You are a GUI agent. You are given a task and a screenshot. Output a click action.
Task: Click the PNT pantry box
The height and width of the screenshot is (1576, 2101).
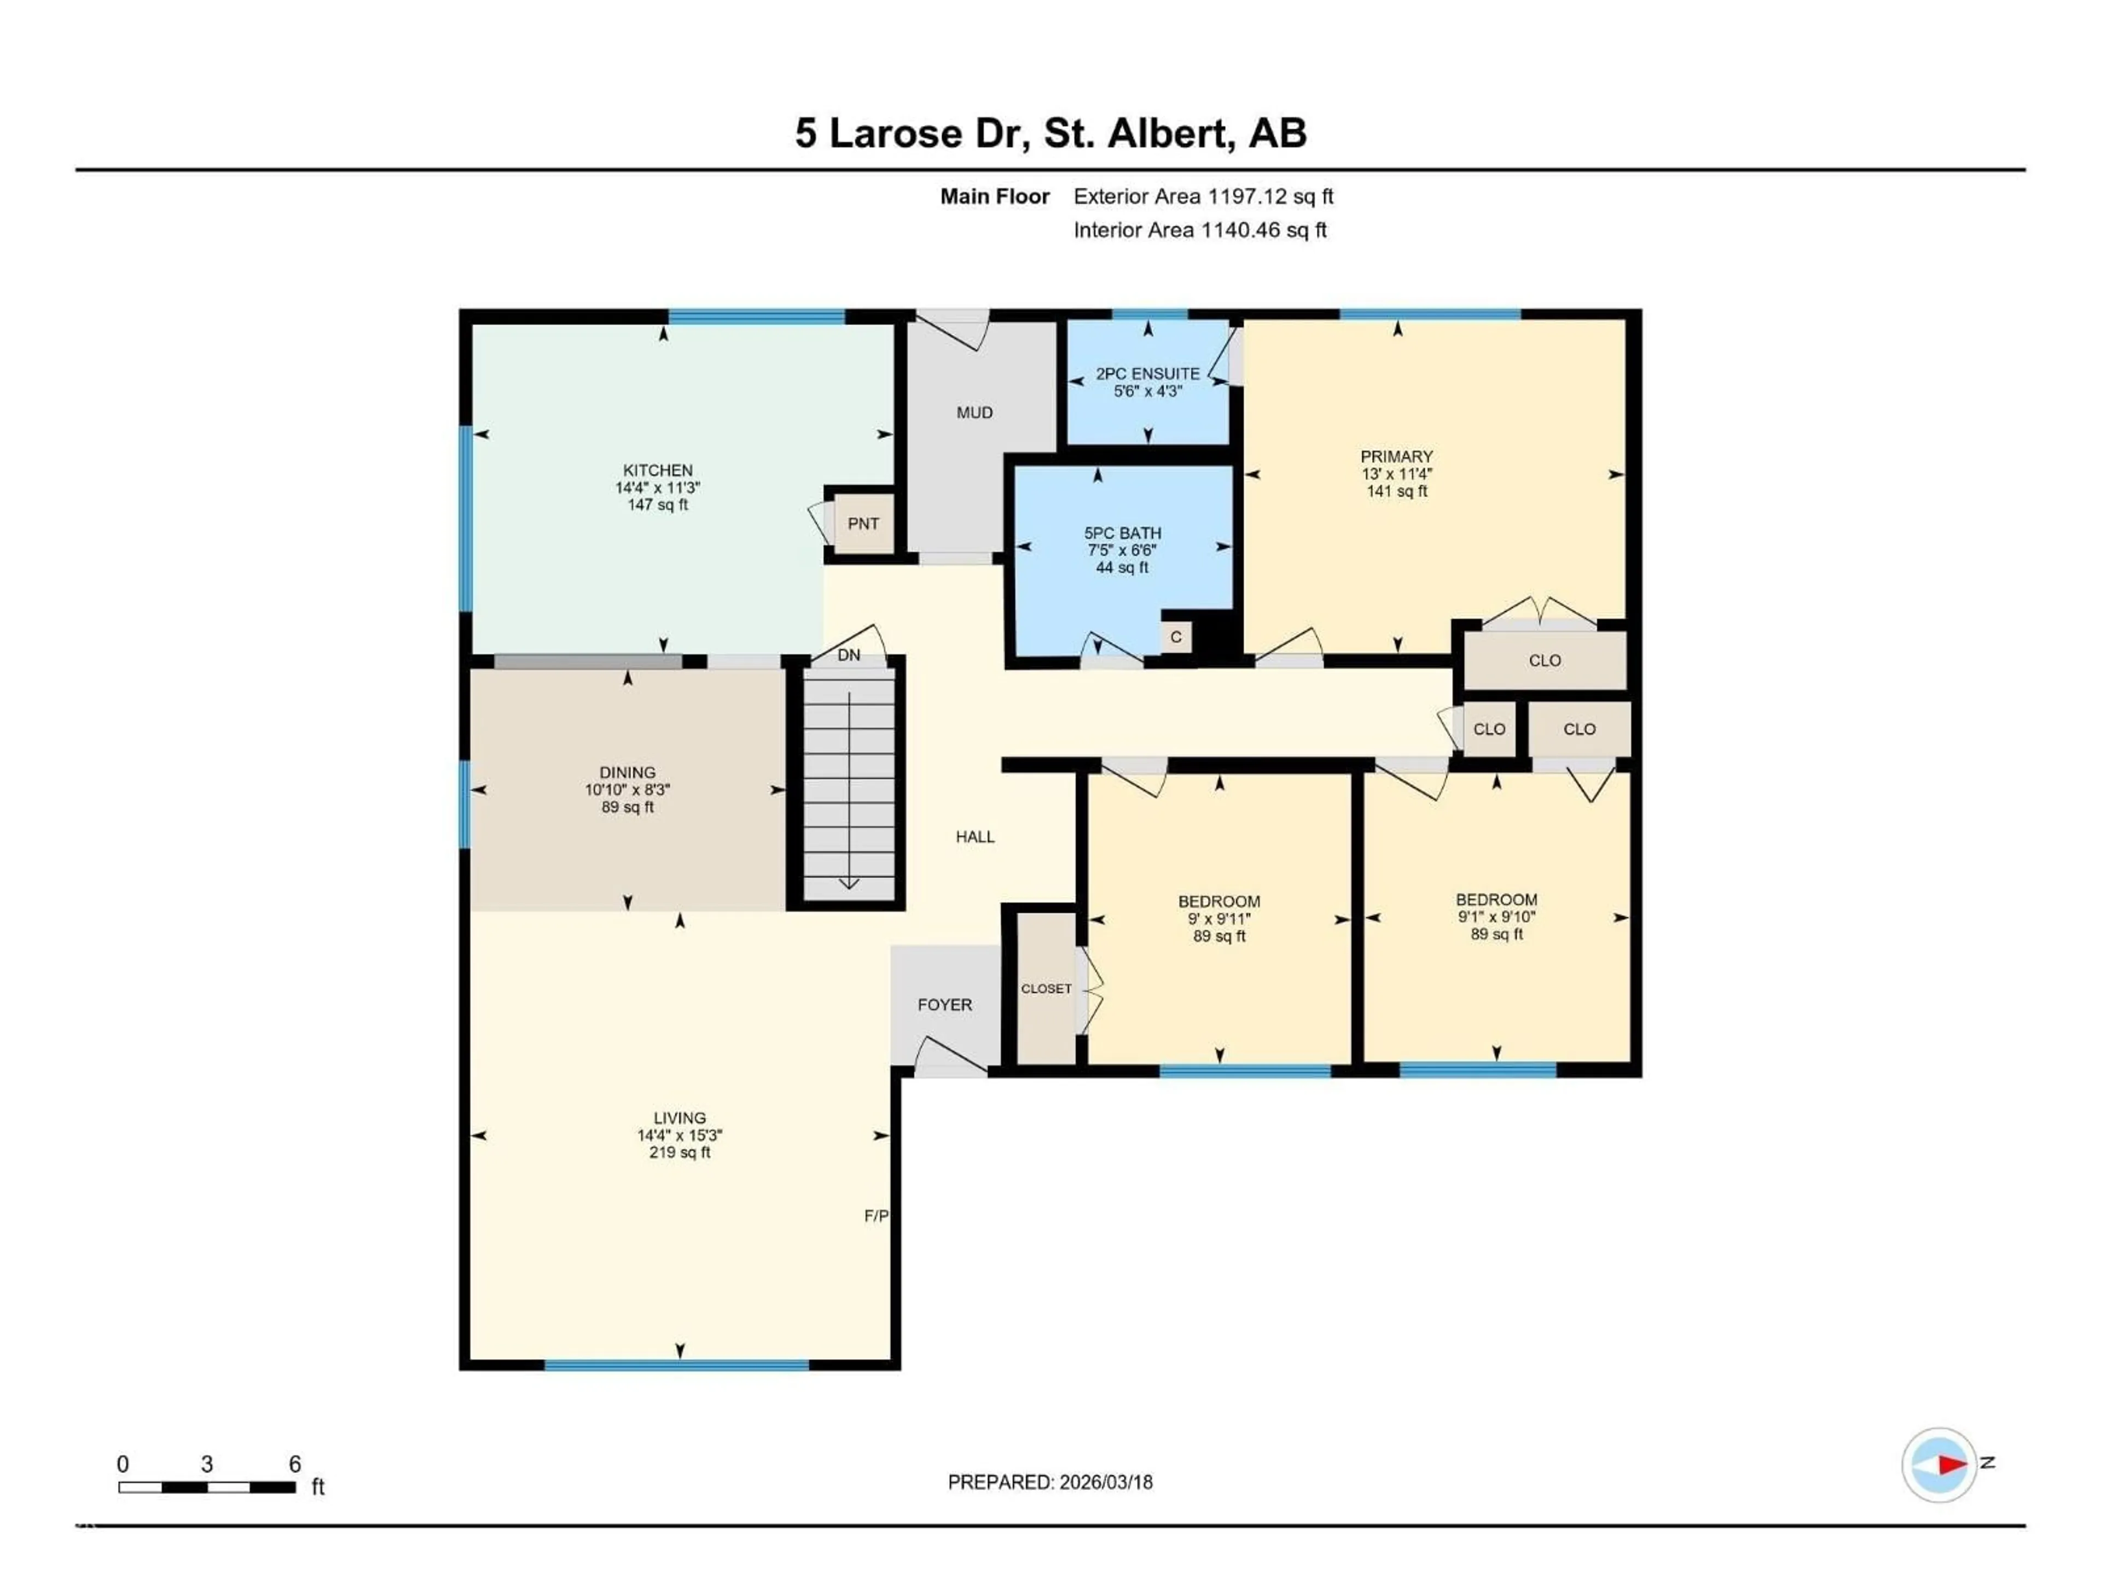click(x=862, y=524)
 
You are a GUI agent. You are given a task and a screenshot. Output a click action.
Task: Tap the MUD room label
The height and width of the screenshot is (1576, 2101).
click(x=974, y=412)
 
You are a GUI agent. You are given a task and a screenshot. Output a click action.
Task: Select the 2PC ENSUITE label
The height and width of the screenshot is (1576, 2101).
click(x=1147, y=373)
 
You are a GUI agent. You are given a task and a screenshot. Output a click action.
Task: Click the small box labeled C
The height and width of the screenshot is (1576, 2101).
click(x=1176, y=636)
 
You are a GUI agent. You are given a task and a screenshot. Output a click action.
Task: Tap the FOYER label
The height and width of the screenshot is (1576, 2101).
click(x=944, y=1004)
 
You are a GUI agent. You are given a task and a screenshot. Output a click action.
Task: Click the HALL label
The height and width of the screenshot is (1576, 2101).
click(x=974, y=837)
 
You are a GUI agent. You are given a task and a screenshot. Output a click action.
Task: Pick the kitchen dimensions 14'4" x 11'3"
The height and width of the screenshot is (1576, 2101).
click(x=657, y=488)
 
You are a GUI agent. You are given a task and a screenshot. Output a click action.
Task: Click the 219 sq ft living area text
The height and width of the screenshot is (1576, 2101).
click(x=679, y=1152)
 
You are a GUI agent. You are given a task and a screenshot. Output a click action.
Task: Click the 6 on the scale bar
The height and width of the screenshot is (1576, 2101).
click(x=294, y=1464)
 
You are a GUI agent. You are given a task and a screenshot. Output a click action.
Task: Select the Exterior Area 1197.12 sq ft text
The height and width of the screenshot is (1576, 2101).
click(x=1203, y=196)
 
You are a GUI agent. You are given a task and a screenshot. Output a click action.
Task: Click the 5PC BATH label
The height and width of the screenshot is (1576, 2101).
click(x=1123, y=533)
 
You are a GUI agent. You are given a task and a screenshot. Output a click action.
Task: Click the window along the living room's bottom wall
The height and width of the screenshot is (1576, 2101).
click(x=676, y=1365)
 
